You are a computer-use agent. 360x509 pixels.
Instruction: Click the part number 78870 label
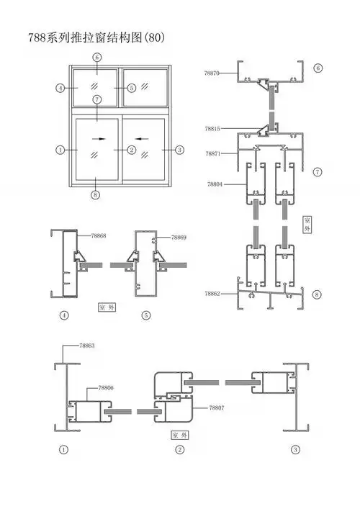(212, 73)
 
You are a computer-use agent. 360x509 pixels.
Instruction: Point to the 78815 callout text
(212, 129)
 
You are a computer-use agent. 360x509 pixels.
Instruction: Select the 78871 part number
(212, 153)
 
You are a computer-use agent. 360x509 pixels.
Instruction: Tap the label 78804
(215, 184)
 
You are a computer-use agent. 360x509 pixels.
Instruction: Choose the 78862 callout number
(212, 294)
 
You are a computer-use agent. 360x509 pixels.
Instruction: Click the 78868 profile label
(99, 235)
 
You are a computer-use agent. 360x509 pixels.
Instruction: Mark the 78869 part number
(179, 238)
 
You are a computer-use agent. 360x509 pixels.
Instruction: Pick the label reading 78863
(87, 346)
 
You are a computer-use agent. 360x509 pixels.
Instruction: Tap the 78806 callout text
(106, 388)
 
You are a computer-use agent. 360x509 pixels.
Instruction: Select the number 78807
(217, 407)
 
